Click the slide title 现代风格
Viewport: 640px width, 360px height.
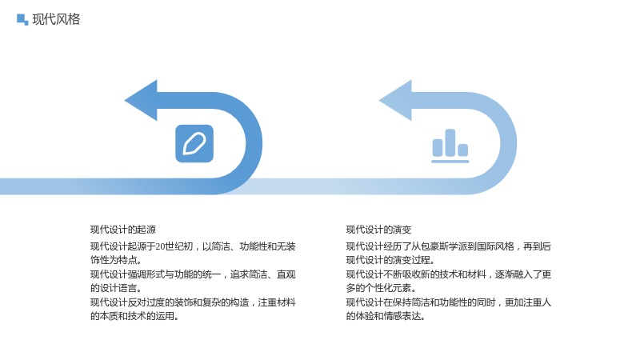56,19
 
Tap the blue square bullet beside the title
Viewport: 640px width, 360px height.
22,19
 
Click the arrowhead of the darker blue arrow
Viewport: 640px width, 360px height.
141,101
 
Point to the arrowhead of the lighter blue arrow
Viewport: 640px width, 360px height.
395,101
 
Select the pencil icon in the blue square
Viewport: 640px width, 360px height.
194,144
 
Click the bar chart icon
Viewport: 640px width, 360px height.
450,146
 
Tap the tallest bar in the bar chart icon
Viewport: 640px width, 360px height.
450,142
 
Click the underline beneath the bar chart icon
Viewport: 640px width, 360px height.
450,162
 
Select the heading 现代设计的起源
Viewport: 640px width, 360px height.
123,230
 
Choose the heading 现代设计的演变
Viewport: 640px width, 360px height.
378,230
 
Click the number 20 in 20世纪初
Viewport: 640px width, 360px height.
160,246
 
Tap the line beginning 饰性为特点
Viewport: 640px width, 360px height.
116,260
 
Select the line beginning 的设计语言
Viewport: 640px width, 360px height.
116,288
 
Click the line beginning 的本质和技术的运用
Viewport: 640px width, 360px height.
134,316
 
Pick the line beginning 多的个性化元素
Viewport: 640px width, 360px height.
382,288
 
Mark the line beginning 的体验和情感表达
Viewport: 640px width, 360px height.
386,316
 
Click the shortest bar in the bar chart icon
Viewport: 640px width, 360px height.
463,150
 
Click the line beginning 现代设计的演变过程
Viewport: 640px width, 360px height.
390,260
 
